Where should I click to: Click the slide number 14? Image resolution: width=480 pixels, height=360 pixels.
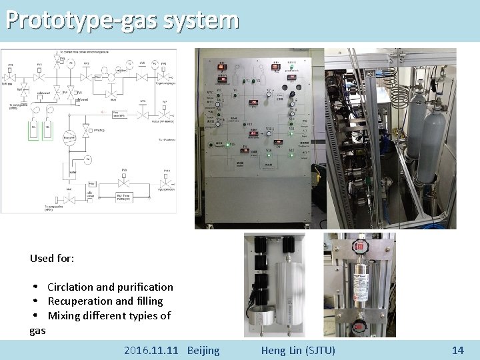click(x=457, y=350)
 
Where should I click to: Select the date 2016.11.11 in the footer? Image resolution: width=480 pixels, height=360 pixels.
click(x=152, y=350)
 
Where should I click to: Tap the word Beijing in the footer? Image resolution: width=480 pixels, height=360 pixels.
click(x=203, y=350)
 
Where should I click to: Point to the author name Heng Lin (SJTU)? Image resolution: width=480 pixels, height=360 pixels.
click(x=298, y=350)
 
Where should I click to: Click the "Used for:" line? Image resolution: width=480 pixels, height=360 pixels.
click(x=52, y=257)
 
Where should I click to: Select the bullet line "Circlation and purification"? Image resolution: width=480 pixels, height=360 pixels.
click(x=110, y=287)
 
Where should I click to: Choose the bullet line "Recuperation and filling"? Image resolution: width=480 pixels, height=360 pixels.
click(x=105, y=301)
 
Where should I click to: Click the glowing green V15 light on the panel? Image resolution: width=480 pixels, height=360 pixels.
click(x=228, y=144)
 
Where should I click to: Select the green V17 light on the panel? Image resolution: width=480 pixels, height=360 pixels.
click(x=291, y=151)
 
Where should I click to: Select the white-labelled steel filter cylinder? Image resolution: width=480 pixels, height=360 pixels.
click(x=360, y=283)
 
